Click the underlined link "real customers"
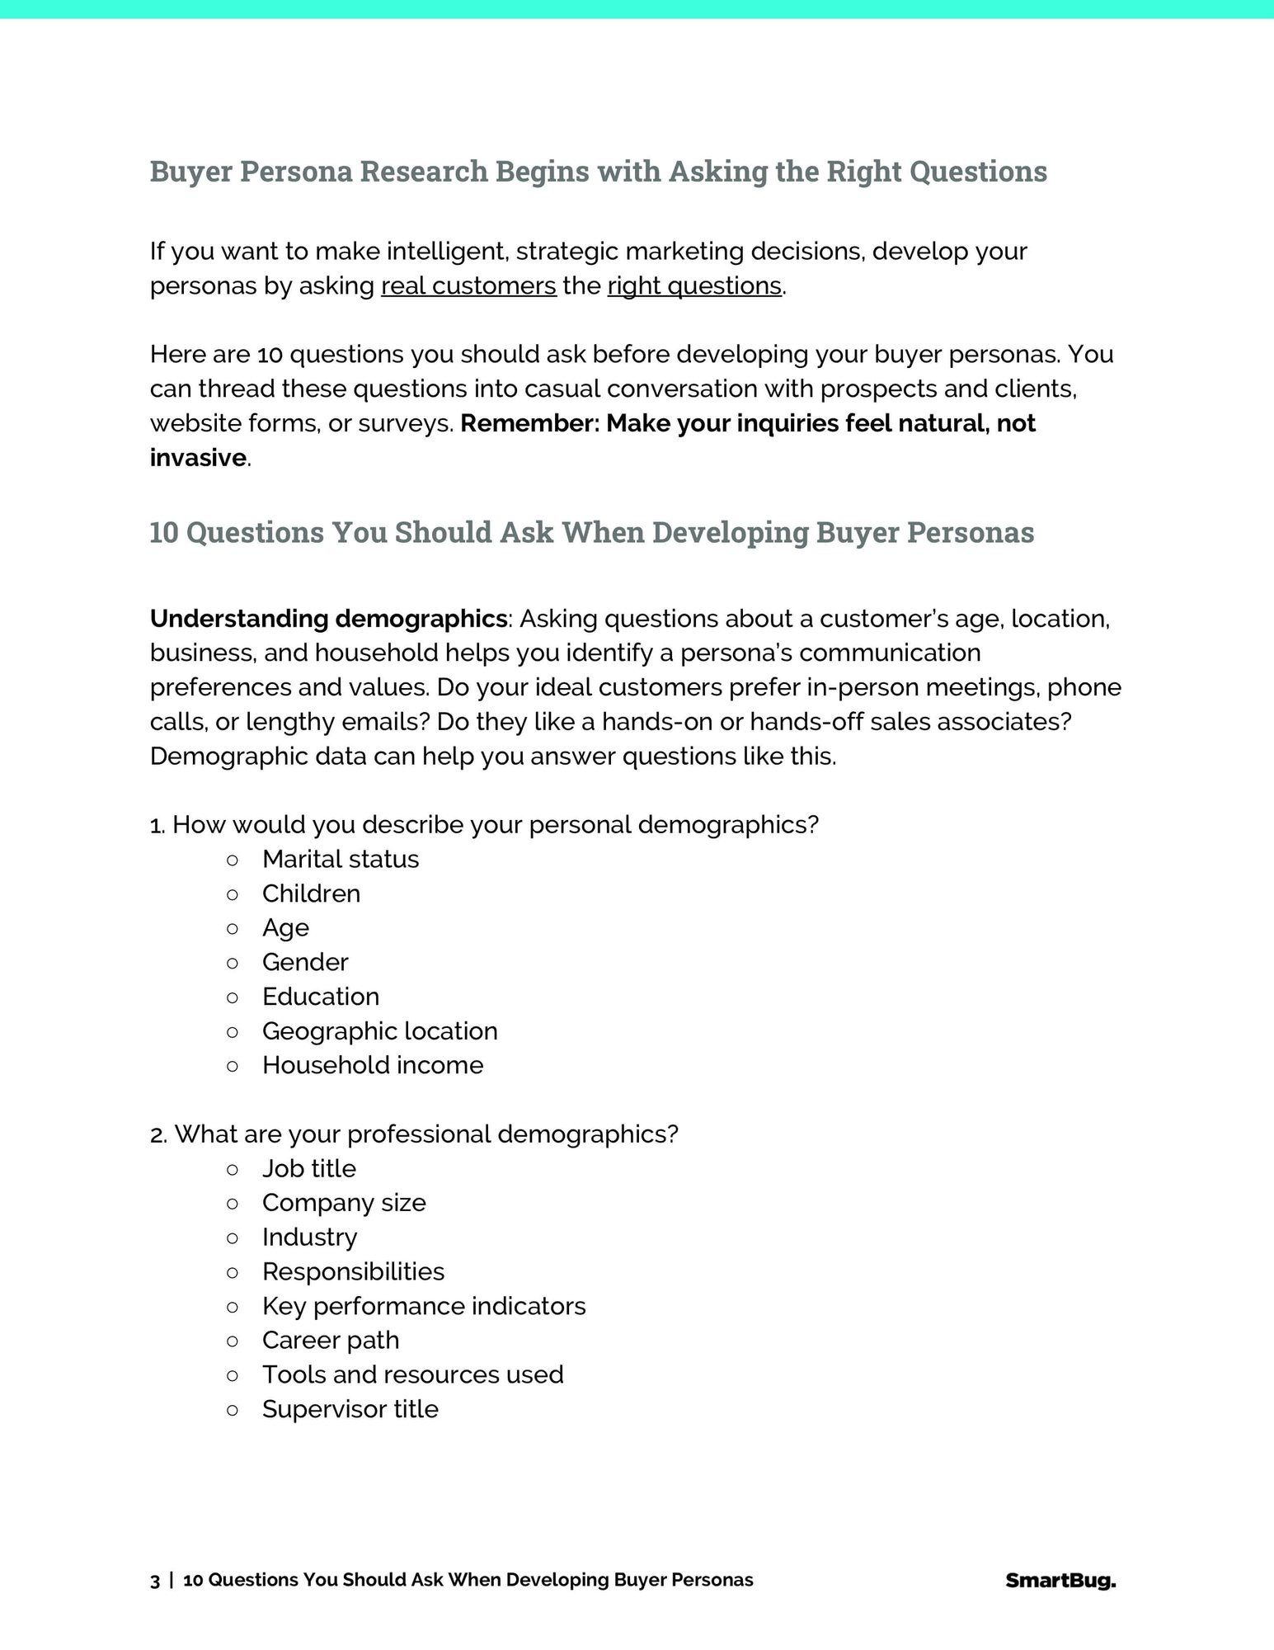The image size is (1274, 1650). (x=468, y=285)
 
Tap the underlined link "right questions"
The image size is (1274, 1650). (x=694, y=285)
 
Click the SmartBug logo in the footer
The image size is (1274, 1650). (x=1060, y=1581)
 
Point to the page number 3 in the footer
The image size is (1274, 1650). (x=155, y=1581)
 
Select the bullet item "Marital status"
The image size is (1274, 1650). (x=341, y=859)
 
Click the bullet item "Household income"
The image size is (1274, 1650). (x=373, y=1065)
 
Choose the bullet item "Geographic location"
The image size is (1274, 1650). (x=380, y=1030)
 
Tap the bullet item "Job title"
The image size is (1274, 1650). (x=309, y=1168)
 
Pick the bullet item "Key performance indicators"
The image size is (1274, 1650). (x=424, y=1306)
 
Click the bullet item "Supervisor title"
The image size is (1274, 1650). (x=350, y=1409)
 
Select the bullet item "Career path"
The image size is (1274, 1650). (x=331, y=1340)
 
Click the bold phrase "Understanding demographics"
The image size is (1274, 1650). (x=328, y=619)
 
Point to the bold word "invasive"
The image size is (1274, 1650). (x=198, y=458)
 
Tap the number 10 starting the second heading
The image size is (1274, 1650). (x=164, y=532)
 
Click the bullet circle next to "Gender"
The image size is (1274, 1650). (x=233, y=963)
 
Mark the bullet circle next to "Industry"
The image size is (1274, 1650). (x=233, y=1237)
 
